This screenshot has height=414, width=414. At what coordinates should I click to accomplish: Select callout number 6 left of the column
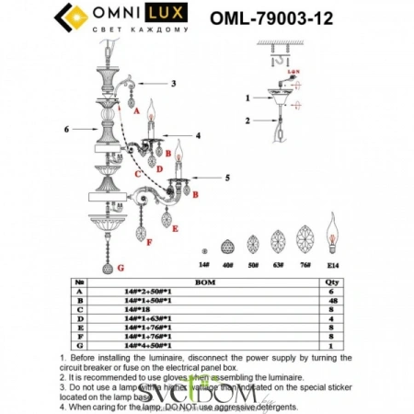[66, 129]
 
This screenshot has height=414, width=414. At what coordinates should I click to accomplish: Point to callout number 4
[196, 135]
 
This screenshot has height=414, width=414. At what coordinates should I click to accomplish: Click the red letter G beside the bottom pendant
[120, 267]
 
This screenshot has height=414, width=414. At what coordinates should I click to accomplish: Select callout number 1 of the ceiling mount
[247, 97]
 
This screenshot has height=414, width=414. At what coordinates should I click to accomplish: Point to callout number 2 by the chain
[247, 120]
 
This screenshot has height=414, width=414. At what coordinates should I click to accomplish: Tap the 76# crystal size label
[305, 263]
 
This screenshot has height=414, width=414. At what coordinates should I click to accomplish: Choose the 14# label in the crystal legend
[205, 263]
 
